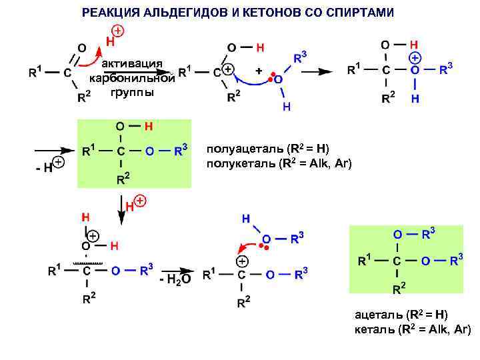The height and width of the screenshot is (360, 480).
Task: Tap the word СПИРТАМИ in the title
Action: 360,13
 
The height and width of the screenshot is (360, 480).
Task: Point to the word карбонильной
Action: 132,78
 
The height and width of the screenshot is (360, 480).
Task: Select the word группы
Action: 132,92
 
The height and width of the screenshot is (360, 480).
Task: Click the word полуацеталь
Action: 243,149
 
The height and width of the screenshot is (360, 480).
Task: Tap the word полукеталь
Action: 240,163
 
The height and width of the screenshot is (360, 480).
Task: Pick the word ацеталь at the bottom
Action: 379,315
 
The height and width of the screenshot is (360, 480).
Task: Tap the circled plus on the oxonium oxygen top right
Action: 415,58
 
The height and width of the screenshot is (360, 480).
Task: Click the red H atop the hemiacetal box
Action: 149,125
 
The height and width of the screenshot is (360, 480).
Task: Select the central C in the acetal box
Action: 397,261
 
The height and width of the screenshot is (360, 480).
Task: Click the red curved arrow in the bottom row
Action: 249,242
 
